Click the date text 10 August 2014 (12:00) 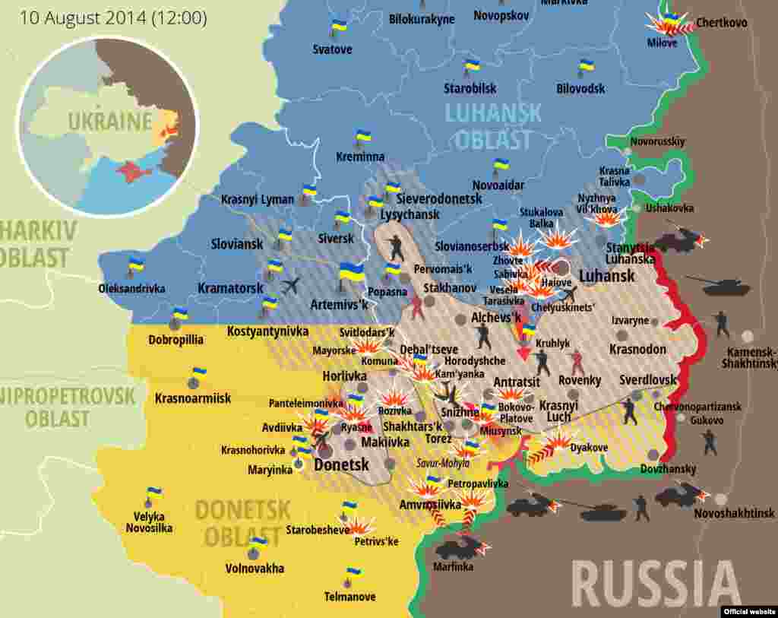(113, 17)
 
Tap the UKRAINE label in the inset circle (110, 121)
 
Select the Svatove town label (333, 49)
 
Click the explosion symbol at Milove (669, 25)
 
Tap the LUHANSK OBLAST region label (493, 126)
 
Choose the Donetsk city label (341, 464)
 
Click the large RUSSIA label (656, 583)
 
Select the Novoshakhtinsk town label (734, 513)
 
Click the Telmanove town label (349, 597)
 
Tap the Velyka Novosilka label (149, 522)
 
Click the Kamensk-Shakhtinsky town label (751, 358)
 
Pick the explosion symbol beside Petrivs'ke (361, 525)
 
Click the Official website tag (748, 611)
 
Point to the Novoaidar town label (498, 185)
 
